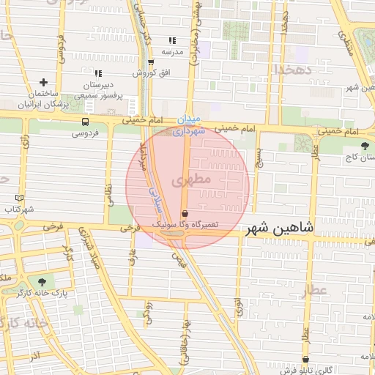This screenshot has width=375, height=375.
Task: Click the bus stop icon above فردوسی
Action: pyautogui.click(x=86, y=122)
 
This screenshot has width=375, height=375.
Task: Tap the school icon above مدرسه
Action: pyautogui.click(x=172, y=41)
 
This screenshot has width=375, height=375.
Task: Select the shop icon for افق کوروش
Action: pyautogui.click(x=151, y=62)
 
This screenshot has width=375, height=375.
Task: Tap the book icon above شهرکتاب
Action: pyautogui.click(x=19, y=198)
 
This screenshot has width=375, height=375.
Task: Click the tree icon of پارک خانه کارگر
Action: pyautogui.click(x=41, y=281)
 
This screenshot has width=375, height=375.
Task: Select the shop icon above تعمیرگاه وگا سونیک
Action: pyautogui.click(x=184, y=214)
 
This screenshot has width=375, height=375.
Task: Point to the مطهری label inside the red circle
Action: pyautogui.click(x=191, y=179)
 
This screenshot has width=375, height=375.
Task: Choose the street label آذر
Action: pyautogui.click(x=34, y=355)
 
